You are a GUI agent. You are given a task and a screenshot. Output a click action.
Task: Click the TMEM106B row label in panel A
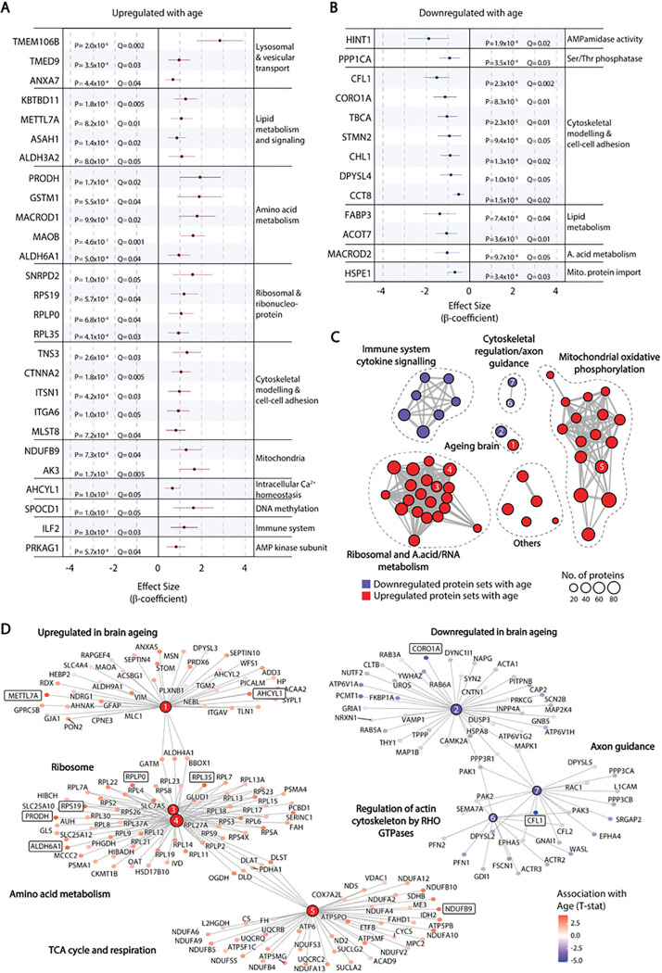pyautogui.click(x=37, y=42)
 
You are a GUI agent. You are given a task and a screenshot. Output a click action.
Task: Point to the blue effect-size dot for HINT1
pyautogui.click(x=427, y=38)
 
